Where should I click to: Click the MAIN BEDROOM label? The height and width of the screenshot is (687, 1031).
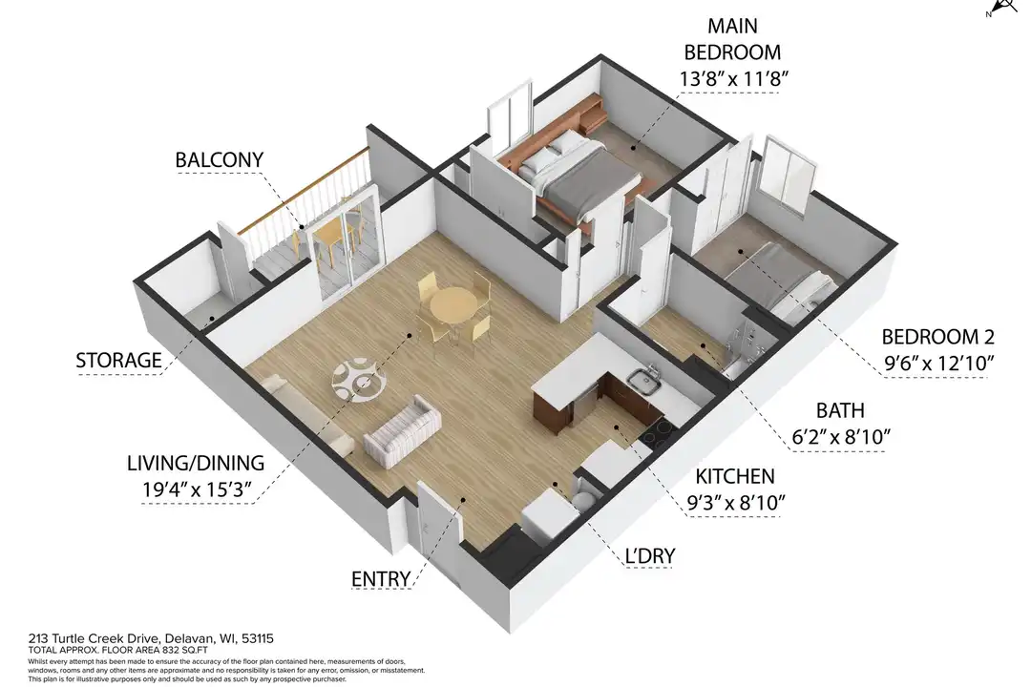(x=732, y=39)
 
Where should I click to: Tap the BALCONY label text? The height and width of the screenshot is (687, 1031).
(x=219, y=159)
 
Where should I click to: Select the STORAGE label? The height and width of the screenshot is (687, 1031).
(x=118, y=361)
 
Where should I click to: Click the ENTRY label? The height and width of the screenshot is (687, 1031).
(x=381, y=579)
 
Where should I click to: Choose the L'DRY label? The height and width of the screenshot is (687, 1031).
(x=650, y=556)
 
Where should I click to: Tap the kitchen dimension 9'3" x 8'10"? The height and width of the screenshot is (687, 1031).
(x=736, y=503)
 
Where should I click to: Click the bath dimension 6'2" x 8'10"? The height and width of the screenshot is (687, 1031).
(x=840, y=437)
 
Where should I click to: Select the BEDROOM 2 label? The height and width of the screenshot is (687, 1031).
(x=937, y=337)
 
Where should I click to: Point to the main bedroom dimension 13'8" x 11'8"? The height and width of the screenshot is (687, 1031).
(x=734, y=79)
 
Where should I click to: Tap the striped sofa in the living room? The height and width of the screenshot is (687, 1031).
(x=402, y=431)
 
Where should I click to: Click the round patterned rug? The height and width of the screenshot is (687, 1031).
(x=359, y=380)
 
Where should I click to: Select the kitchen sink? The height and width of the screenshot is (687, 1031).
(x=644, y=380)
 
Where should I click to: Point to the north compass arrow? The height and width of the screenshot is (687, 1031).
(x=1003, y=8)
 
